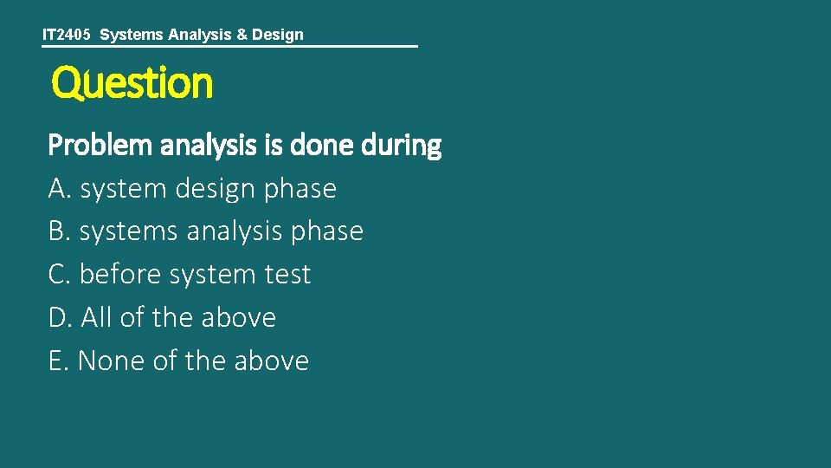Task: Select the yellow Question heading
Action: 132,84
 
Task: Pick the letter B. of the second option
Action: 60,231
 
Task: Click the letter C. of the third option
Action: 60,275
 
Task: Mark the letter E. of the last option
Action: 59,361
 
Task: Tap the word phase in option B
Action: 327,232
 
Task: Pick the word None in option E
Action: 112,361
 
